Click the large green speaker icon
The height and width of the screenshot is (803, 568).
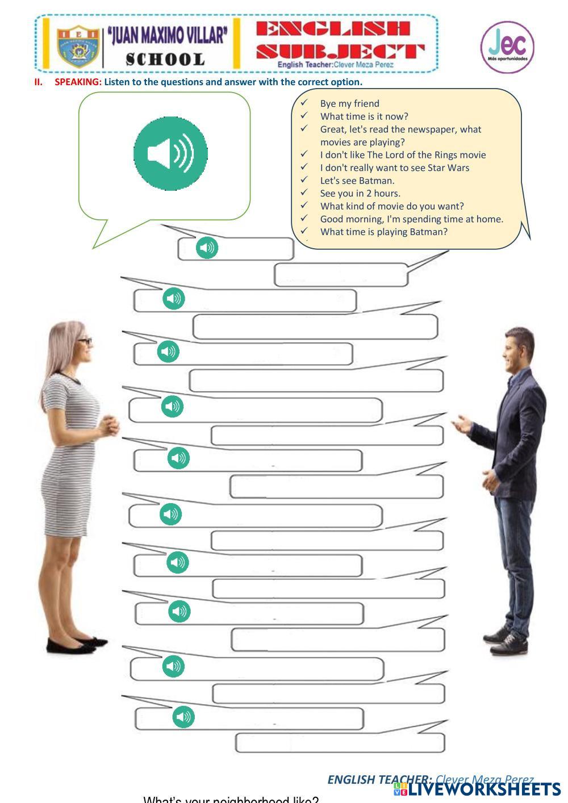[170, 153]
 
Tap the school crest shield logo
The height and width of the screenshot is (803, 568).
[78, 46]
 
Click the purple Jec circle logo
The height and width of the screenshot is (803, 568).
[507, 47]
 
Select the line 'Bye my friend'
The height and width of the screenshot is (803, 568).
[349, 103]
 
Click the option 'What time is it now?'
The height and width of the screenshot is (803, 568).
[364, 116]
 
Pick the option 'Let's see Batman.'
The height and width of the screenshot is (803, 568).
[357, 181]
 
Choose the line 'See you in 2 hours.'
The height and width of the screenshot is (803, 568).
[360, 193]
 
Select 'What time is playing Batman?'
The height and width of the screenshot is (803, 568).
[383, 232]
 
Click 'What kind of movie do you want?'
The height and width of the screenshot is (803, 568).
[392, 206]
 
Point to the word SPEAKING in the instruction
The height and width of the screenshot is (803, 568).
[78, 82]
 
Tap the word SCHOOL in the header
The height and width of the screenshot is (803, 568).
[165, 60]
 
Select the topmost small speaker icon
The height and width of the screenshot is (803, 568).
[207, 248]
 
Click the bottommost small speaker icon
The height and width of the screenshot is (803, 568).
[183, 717]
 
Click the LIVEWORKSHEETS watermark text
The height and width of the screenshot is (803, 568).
[483, 789]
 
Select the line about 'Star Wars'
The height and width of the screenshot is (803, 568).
[394, 168]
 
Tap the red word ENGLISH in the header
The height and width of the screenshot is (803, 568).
[332, 29]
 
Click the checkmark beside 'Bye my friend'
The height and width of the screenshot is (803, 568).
[304, 103]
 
